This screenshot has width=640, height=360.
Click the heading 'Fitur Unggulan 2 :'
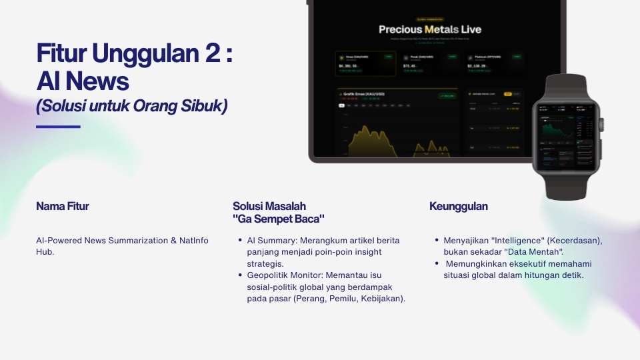click(x=134, y=53)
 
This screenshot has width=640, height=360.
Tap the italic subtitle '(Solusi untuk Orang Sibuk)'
click(x=131, y=105)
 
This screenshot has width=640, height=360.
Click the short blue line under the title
click(x=58, y=126)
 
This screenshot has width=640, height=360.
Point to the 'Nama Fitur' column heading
click(x=63, y=207)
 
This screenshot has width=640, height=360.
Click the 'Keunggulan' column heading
click(x=459, y=207)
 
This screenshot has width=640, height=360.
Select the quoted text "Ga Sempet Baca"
click(x=279, y=219)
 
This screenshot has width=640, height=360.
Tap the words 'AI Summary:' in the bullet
click(x=271, y=240)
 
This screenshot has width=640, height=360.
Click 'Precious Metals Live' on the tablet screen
click(x=430, y=29)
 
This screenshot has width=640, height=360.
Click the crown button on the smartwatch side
click(x=601, y=124)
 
